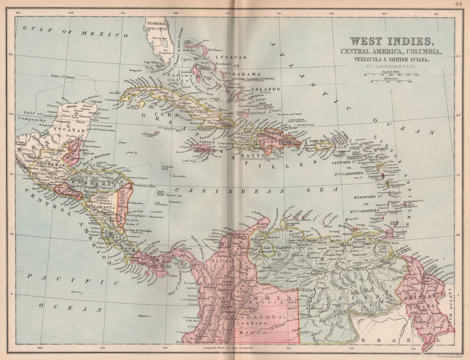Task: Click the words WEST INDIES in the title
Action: [391, 42]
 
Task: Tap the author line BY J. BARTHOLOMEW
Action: [391, 67]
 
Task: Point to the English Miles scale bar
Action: [391, 75]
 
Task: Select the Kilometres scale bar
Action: [391, 81]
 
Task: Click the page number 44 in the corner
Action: [459, 4]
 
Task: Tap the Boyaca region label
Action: [267, 301]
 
